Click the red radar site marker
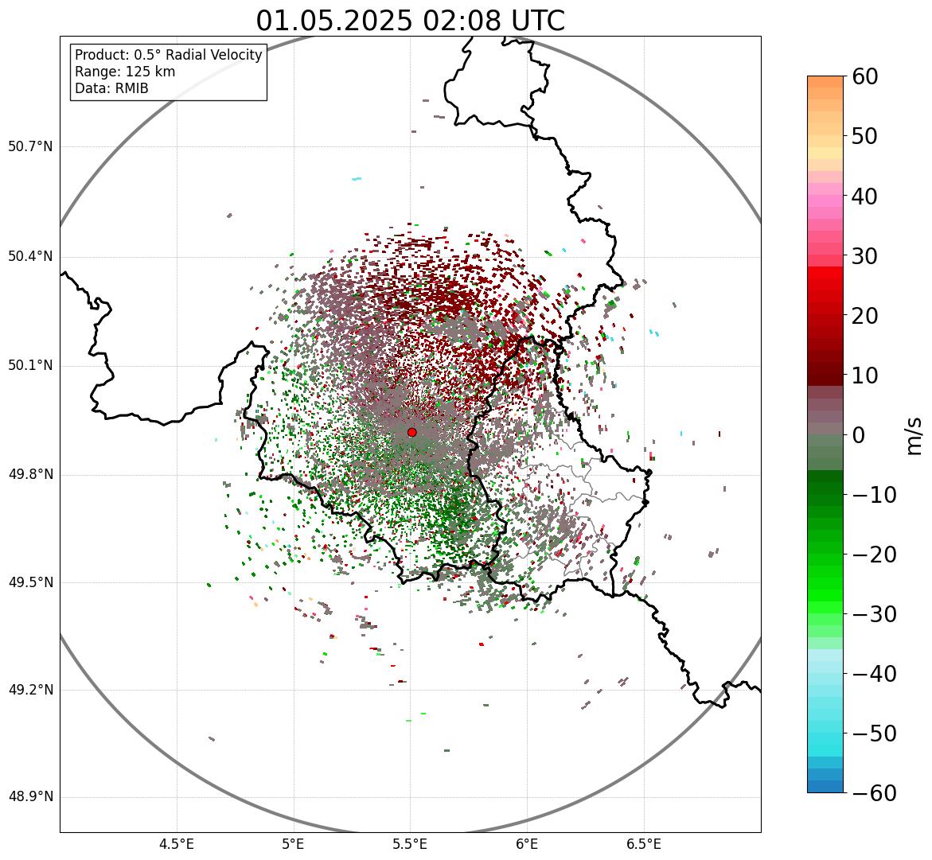pos(411,432)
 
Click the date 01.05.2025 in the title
pos(333,21)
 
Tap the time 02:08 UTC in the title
pos(493,21)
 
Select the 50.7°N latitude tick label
pos(30,147)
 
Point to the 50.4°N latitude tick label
pos(30,257)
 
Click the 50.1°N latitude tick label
pos(30,366)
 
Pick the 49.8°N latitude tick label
pos(30,475)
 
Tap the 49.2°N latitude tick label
pos(30,690)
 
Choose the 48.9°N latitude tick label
pos(30,797)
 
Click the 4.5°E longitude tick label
pos(177,843)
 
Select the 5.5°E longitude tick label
pos(410,843)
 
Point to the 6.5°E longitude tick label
pos(643,843)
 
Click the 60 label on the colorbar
pos(865,76)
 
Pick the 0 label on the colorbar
pos(860,435)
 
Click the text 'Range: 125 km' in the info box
pos(125,72)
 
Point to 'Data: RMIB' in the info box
pos(111,88)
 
